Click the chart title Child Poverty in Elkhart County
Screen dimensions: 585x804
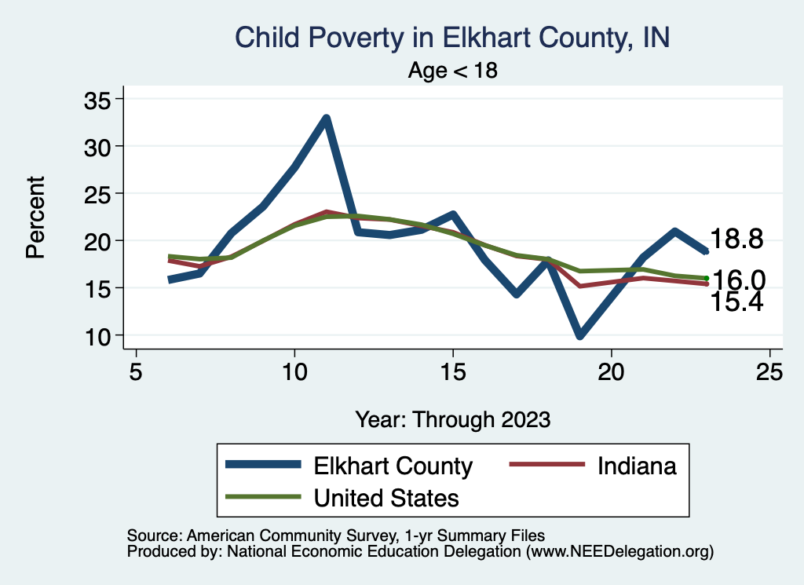453,38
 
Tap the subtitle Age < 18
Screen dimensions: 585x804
453,71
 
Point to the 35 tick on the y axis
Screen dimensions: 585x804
100,99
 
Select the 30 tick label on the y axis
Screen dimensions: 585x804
100,146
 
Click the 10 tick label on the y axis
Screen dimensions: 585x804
100,335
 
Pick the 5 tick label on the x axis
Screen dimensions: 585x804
136,371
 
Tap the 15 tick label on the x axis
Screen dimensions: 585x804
453,371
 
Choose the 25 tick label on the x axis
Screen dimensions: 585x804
769,371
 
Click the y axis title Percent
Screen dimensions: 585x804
35,217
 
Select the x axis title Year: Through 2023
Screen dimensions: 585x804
453,419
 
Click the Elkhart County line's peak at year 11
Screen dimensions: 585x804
326,119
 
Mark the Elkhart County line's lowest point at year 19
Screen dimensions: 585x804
579,335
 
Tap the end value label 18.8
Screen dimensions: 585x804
736,239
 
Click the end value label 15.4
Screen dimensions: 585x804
736,302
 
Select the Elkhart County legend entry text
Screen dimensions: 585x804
393,466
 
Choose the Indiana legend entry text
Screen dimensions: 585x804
637,466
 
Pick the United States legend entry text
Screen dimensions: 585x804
386,497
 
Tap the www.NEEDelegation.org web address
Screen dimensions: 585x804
619,552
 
